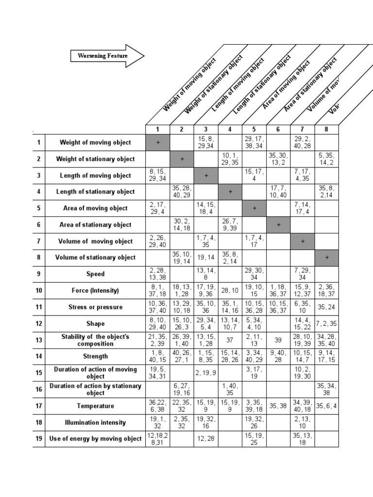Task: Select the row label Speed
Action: (x=95, y=274)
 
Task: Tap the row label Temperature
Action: (x=95, y=406)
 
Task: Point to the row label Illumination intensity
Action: (x=95, y=422)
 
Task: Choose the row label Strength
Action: (x=95, y=356)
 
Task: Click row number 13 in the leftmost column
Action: (x=39, y=340)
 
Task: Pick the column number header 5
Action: (x=254, y=130)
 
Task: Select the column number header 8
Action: (x=326, y=130)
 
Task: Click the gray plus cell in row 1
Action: (x=158, y=143)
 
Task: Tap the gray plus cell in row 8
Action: (x=326, y=258)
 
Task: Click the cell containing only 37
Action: (x=230, y=340)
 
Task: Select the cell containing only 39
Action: (x=278, y=340)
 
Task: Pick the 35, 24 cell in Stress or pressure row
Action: (x=326, y=307)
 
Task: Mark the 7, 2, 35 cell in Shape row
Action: (x=326, y=324)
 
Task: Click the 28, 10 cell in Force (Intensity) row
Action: (x=230, y=291)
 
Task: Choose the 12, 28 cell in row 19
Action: (x=206, y=439)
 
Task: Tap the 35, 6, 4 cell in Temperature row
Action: (x=326, y=406)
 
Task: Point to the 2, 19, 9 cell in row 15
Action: (x=206, y=373)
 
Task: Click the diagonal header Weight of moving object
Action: (x=189, y=84)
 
